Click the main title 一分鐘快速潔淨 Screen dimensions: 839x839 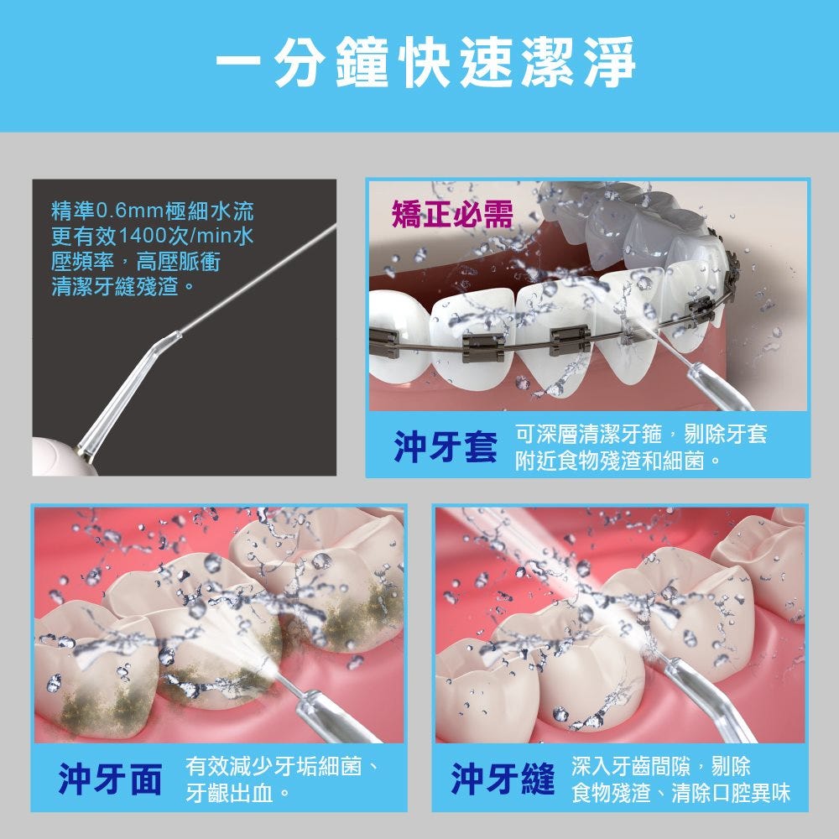(425, 62)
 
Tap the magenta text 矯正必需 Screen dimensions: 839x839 (452, 214)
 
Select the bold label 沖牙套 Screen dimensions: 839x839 (446, 446)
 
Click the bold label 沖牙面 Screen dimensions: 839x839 (110, 779)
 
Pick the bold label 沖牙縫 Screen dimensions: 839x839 (503, 779)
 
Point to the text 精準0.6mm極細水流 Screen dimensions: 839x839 (153, 211)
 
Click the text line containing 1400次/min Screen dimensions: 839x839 (153, 236)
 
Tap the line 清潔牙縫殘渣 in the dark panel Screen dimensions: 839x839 (122, 286)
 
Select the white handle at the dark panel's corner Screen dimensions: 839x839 (59, 458)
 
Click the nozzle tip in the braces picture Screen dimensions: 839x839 (694, 367)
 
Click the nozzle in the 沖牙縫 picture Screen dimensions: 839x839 (711, 698)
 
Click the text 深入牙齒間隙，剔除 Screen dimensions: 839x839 (661, 766)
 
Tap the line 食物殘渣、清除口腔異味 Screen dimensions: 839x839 (680, 792)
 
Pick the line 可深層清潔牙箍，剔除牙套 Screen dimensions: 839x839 (641, 434)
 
